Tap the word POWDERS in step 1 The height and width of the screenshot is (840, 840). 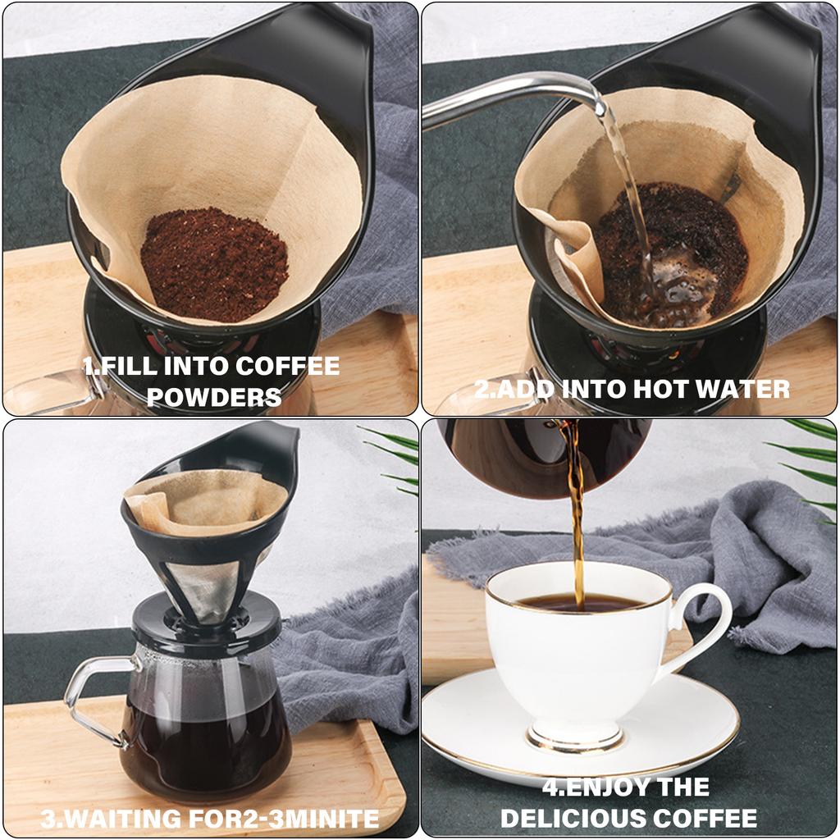tap(213, 397)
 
